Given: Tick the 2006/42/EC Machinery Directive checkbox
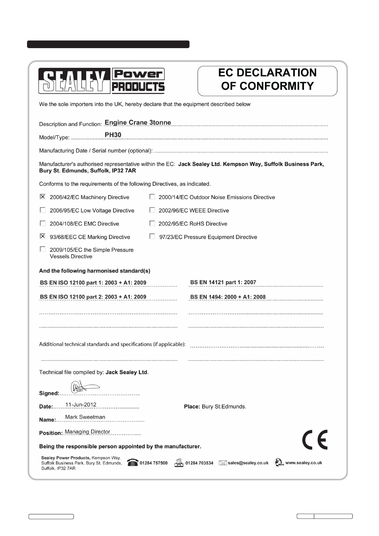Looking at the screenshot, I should coord(43,197).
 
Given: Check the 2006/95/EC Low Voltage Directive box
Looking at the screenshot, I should coord(43,210).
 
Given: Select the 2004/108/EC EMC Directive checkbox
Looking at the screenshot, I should coord(43,223).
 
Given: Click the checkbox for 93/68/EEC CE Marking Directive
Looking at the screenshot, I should coord(43,236).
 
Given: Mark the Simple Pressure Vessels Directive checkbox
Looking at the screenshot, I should coord(43,250).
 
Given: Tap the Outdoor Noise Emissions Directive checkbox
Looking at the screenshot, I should coord(152,197).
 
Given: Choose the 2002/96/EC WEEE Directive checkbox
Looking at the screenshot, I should coord(152,210).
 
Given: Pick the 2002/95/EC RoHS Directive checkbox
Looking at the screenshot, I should coord(152,223).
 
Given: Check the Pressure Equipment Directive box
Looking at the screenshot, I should coord(152,236).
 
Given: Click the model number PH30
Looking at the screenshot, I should coord(113,135).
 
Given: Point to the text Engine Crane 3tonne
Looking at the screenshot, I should coord(138,122).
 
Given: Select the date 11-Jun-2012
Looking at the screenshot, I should coord(81,405).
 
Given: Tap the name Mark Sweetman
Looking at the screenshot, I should coord(85,417).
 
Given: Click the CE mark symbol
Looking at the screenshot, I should coord(315,439).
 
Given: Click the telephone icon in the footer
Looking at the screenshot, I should coord(133,463).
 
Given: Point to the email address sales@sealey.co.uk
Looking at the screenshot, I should coord(248,463).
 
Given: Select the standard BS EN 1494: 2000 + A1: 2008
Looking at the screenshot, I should coord(228,297).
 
